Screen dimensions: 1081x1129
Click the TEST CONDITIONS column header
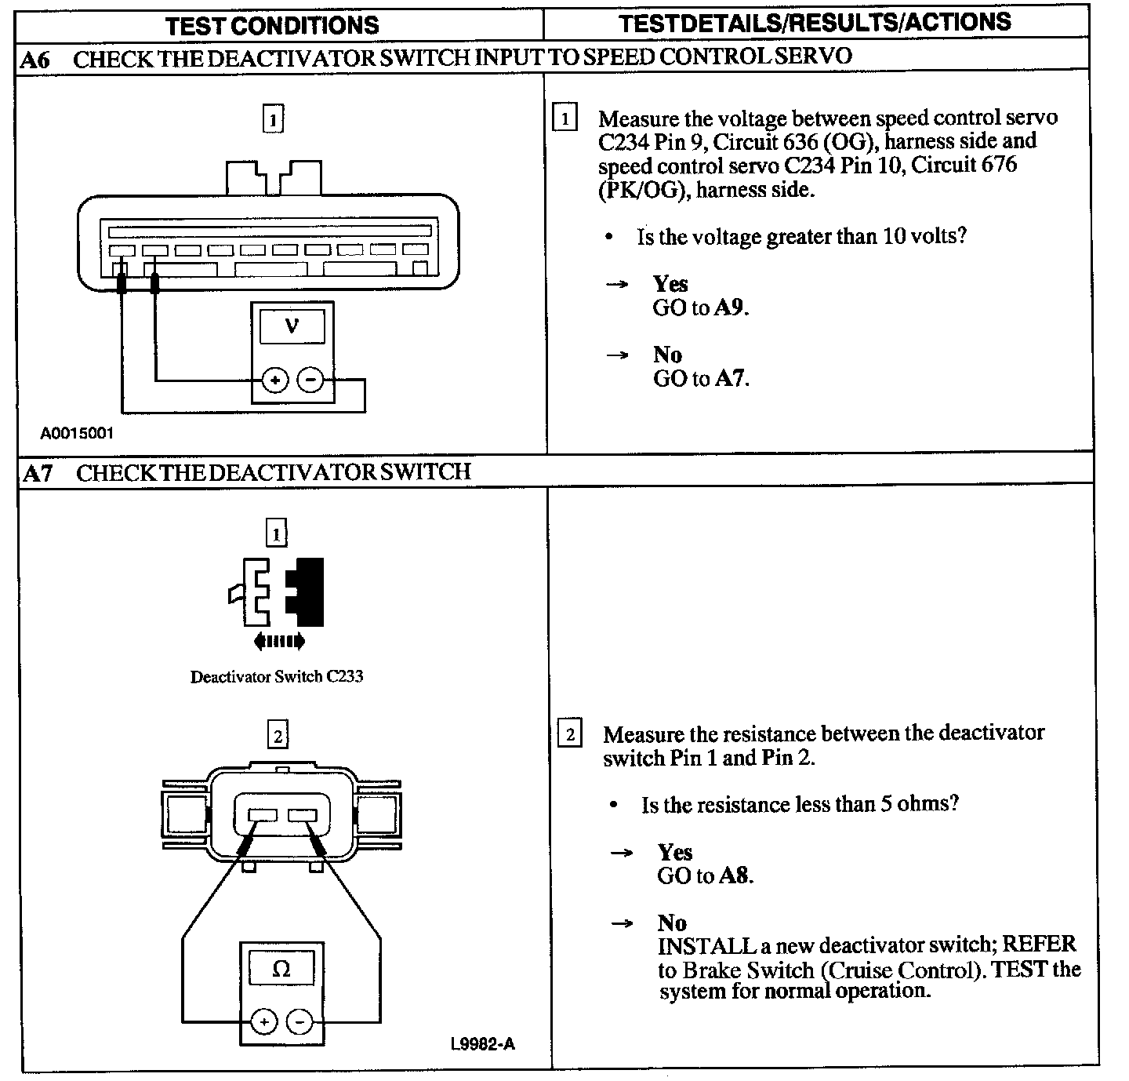pos(272,25)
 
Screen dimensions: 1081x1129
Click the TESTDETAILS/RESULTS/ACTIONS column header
pos(815,23)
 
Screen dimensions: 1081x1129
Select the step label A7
pos(38,473)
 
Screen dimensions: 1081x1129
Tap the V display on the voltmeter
pos(292,324)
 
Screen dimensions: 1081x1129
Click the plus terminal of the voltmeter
pos(275,381)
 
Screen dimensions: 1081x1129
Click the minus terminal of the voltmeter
pos(310,381)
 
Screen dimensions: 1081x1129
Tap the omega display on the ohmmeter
pos(281,970)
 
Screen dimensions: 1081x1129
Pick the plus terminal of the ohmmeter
pos(264,1022)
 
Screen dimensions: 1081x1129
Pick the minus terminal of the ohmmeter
pos(299,1022)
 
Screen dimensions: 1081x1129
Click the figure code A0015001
pos(78,433)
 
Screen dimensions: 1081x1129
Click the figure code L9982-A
pos(483,1044)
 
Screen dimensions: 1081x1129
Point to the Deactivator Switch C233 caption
pos(277,676)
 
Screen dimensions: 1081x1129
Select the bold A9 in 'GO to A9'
pos(730,308)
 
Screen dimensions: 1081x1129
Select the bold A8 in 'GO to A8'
pos(735,875)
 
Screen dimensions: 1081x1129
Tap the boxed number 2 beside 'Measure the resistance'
pos(570,734)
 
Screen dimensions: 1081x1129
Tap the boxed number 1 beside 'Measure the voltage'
pos(564,119)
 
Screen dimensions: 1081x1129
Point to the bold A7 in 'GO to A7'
pos(730,379)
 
